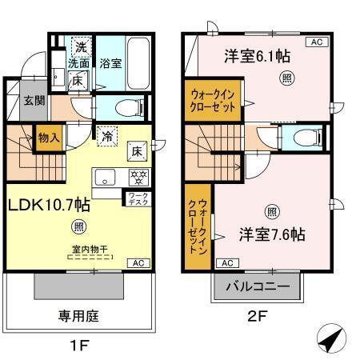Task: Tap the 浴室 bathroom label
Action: tap(111, 63)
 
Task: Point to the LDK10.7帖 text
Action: tap(49, 204)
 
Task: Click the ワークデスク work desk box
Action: tap(134, 198)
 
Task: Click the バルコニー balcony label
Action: tap(258, 285)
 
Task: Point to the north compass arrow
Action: tap(330, 340)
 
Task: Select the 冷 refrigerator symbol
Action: tap(106, 136)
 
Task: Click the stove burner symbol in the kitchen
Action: tap(137, 177)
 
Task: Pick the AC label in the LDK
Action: tap(137, 263)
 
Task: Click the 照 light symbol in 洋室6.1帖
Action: tap(285, 78)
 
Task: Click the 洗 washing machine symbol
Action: tap(81, 46)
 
